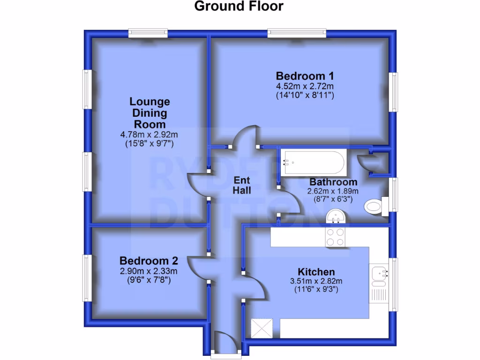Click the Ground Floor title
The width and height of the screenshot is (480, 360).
239,6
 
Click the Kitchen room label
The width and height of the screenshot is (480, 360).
316,272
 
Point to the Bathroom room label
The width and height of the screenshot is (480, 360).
333,182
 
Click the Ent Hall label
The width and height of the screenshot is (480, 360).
242,185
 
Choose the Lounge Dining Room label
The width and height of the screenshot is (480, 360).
150,113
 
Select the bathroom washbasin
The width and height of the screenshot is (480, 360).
336,217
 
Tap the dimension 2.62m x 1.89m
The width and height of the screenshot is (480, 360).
333,191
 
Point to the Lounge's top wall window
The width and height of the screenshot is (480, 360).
148,33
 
